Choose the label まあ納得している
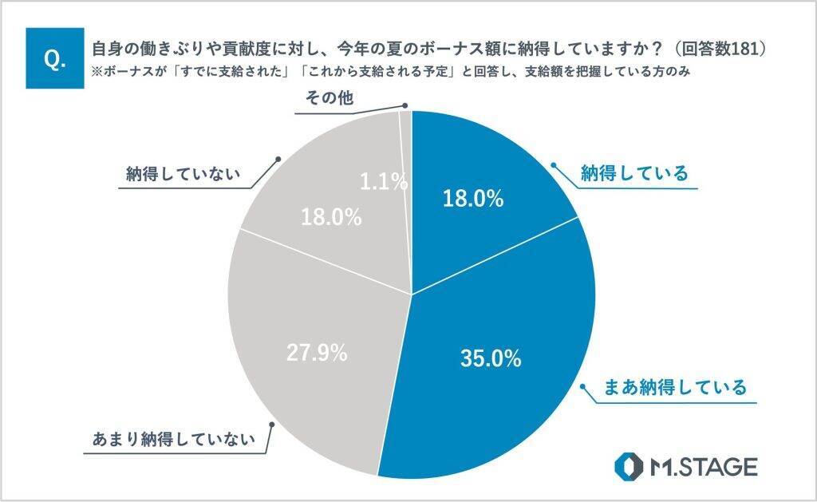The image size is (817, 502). (x=675, y=388)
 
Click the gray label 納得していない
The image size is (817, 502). (x=183, y=175)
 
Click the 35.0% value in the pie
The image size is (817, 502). (x=491, y=358)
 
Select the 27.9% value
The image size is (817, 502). (x=316, y=353)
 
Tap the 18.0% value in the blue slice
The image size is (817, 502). (x=473, y=199)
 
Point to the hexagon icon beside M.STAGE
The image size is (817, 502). (x=629, y=467)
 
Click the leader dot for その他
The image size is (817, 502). (x=405, y=105)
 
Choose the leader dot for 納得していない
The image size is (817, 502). (x=278, y=159)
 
